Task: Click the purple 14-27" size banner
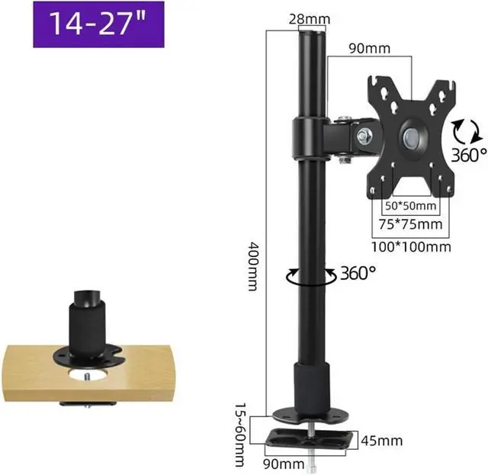98,24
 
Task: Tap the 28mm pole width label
310,19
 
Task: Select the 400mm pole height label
252,266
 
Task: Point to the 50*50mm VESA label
410,206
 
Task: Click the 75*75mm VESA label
410,224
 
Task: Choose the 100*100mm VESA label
411,247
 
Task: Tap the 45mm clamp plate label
382,441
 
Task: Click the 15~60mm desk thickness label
240,435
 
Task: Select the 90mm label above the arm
369,49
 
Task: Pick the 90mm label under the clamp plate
284,464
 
